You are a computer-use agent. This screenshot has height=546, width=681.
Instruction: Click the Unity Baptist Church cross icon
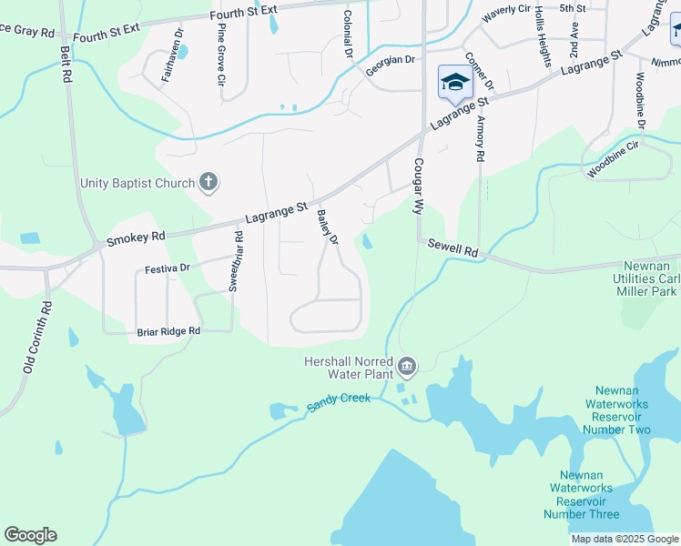pos(208,183)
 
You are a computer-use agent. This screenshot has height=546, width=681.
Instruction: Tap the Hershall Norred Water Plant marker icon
pos(406,367)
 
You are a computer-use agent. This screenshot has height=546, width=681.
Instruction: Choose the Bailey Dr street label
pos(327,227)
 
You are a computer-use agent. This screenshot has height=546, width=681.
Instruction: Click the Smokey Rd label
pos(136,238)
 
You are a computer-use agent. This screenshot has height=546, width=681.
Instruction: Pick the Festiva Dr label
pos(166,269)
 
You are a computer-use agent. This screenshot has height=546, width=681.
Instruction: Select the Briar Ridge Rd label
pos(168,332)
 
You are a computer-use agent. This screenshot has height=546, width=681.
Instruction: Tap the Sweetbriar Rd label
pos(235,260)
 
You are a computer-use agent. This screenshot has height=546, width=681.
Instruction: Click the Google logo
pos(30,535)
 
